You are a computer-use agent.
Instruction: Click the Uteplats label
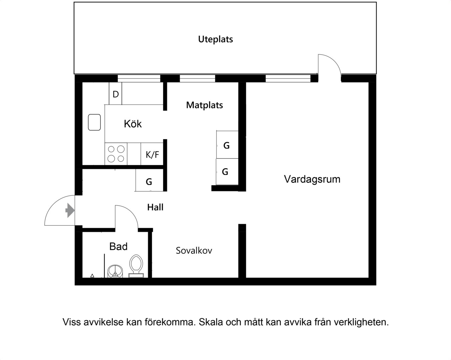tap(215, 39)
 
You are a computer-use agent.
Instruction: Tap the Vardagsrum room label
tap(312, 179)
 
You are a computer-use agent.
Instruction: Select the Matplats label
tap(204, 105)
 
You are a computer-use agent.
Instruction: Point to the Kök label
tap(133, 124)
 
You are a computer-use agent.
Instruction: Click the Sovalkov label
tap(194, 250)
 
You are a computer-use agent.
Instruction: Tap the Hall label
tap(155, 207)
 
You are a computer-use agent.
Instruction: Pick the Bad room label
tap(118, 246)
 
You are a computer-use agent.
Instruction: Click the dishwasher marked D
tap(115, 93)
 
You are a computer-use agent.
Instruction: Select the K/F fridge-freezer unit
tap(152, 154)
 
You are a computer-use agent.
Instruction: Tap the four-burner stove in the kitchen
tap(116, 154)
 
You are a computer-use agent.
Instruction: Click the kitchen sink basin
tap(94, 122)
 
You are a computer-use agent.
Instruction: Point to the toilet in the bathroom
tap(136, 266)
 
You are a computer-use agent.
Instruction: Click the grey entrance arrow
tap(70, 210)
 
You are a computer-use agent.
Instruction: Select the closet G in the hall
tap(149, 180)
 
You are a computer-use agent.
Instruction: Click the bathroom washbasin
tap(115, 271)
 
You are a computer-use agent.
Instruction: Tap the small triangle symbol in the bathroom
tap(92, 276)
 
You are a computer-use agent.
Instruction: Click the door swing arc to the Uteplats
tap(333, 61)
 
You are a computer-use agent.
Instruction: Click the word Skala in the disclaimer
tap(211, 322)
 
